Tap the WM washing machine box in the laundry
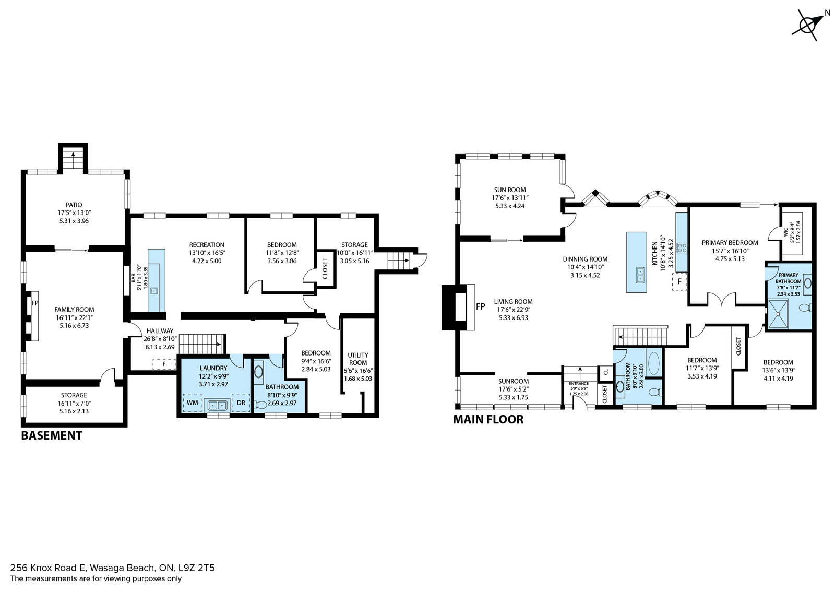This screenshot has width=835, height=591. coord(193,403)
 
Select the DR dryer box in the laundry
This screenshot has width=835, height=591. coord(241,403)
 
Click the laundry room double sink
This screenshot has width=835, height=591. coord(217,405)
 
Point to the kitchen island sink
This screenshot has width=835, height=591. coord(640,275)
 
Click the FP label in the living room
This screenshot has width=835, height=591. coord(481,306)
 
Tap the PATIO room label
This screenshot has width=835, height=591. coord(74,205)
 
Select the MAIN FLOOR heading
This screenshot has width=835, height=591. coord(488,419)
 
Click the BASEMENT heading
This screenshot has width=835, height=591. coord(52,435)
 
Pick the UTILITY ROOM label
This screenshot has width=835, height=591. coord(358,359)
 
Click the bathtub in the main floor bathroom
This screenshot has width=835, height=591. coord(654,362)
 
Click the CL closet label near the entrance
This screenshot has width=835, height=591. coord(606,372)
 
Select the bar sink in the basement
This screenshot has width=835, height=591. coord(154,290)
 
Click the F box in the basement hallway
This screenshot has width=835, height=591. coord(164,364)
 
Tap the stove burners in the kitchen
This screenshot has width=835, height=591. coord(682,247)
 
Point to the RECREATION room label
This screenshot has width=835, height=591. coord(207,245)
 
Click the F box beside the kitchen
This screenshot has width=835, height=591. coord(679,281)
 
